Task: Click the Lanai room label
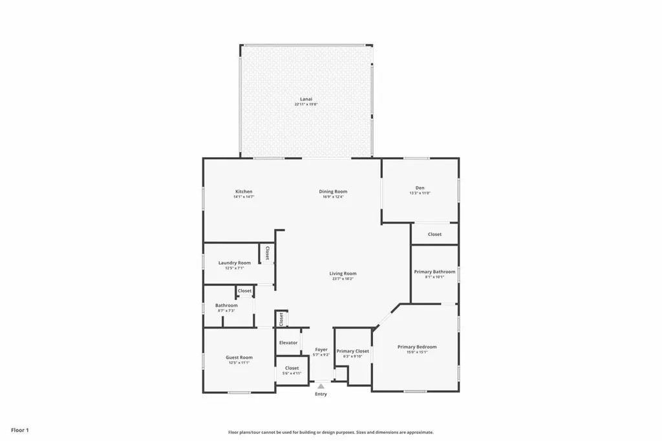(306, 99)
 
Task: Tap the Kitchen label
(244, 191)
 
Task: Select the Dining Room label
(333, 191)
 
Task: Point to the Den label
(420, 188)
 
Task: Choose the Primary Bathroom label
(434, 272)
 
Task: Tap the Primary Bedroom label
(417, 347)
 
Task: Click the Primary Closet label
(353, 351)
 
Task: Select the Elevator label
(288, 343)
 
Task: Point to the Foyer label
(321, 349)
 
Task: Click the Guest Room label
(239, 358)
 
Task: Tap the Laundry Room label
(235, 263)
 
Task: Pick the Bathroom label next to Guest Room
(226, 305)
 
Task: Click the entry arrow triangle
(321, 386)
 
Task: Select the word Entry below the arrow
(321, 394)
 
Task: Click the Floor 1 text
(19, 430)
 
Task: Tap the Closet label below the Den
(434, 234)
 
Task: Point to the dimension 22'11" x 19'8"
(306, 104)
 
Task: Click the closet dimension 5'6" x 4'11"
(292, 373)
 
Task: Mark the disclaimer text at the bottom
(330, 432)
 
